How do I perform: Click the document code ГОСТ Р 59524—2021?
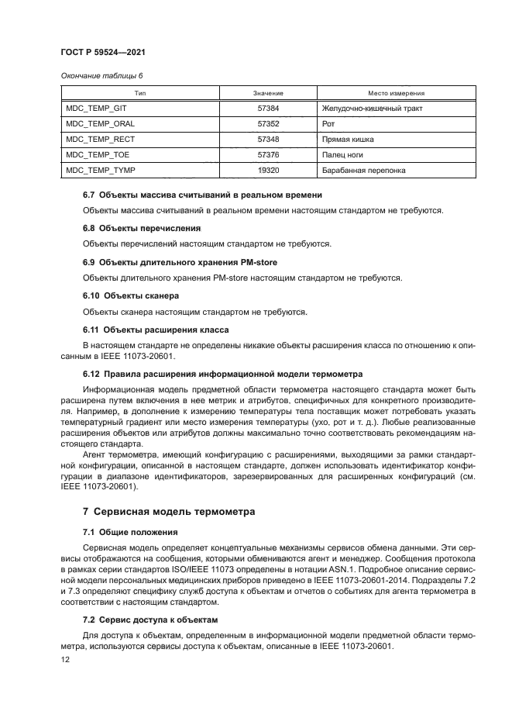102,51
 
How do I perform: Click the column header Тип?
140,93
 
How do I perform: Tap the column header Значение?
268,93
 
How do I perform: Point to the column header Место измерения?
389,93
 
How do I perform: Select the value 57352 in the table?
268,124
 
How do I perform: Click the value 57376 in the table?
268,155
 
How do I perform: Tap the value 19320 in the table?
268,171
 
